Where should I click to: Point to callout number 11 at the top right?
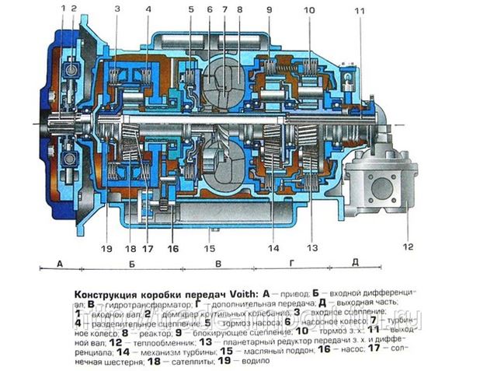[x=359, y=10]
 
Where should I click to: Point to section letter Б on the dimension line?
[x=133, y=264]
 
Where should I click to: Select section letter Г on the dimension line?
[x=291, y=264]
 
